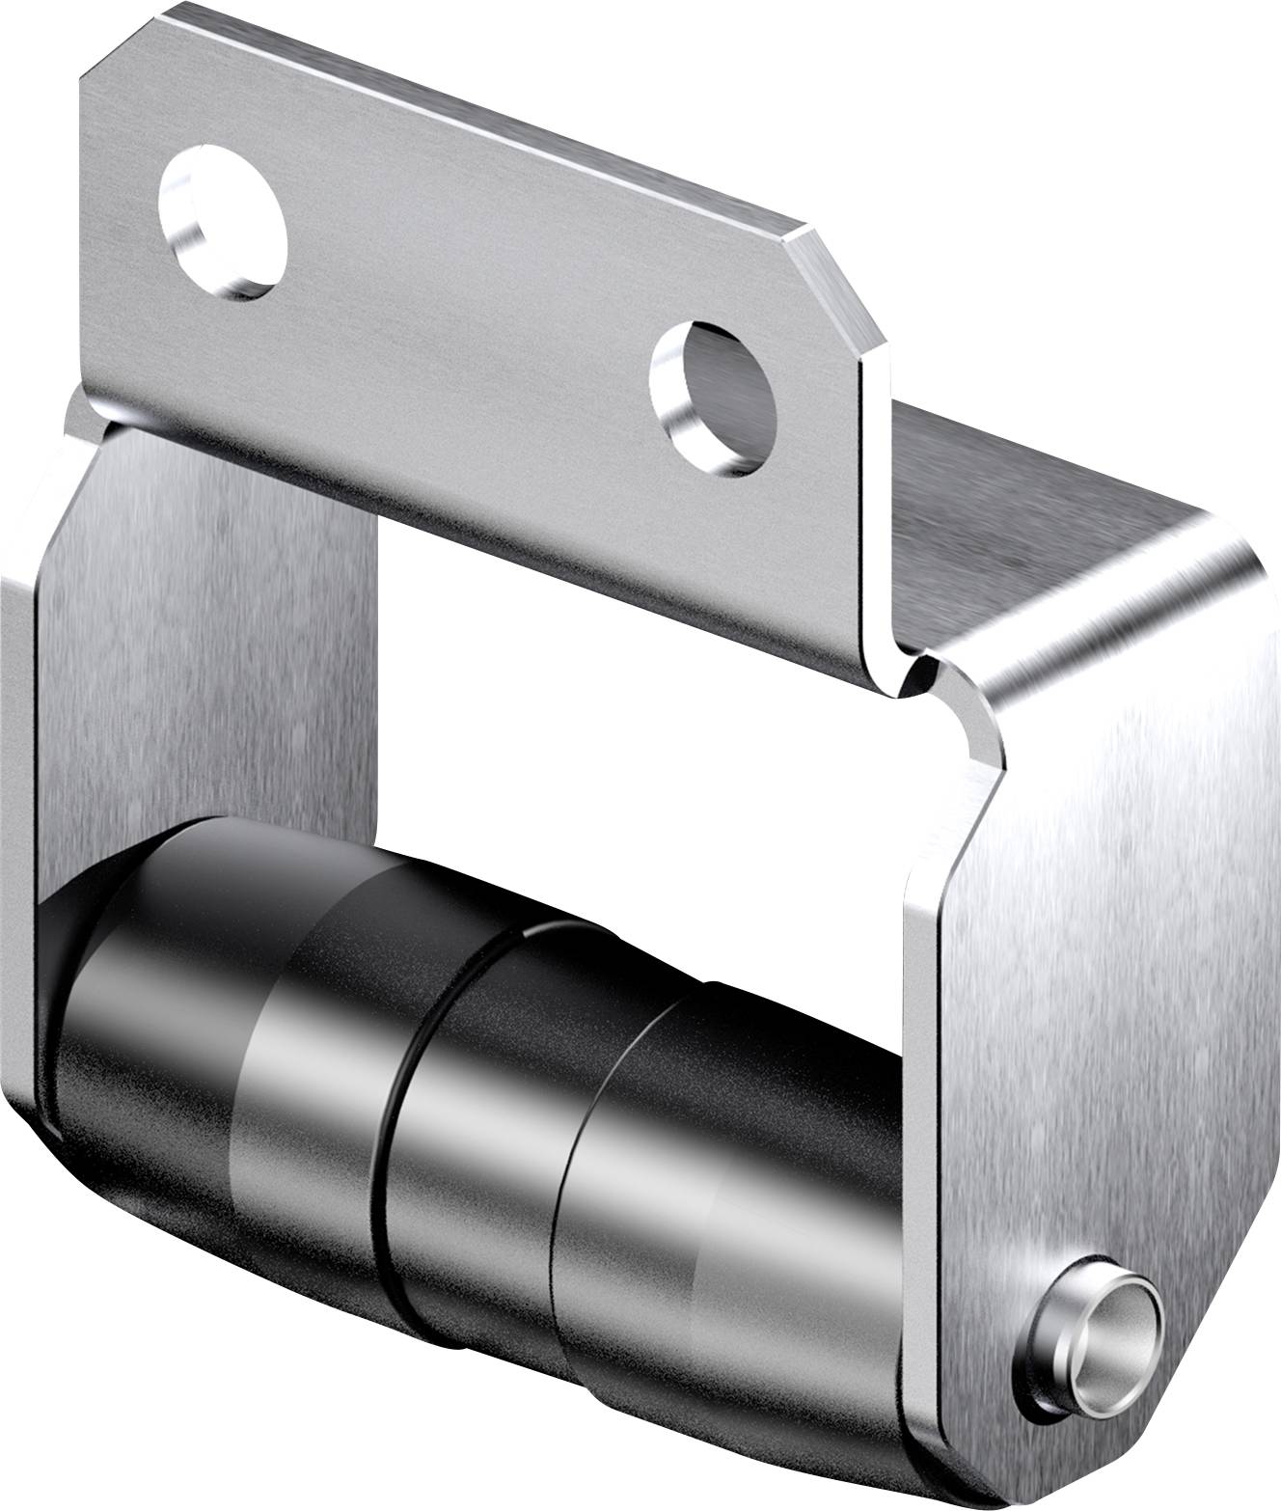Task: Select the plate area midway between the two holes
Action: [x=463, y=309]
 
